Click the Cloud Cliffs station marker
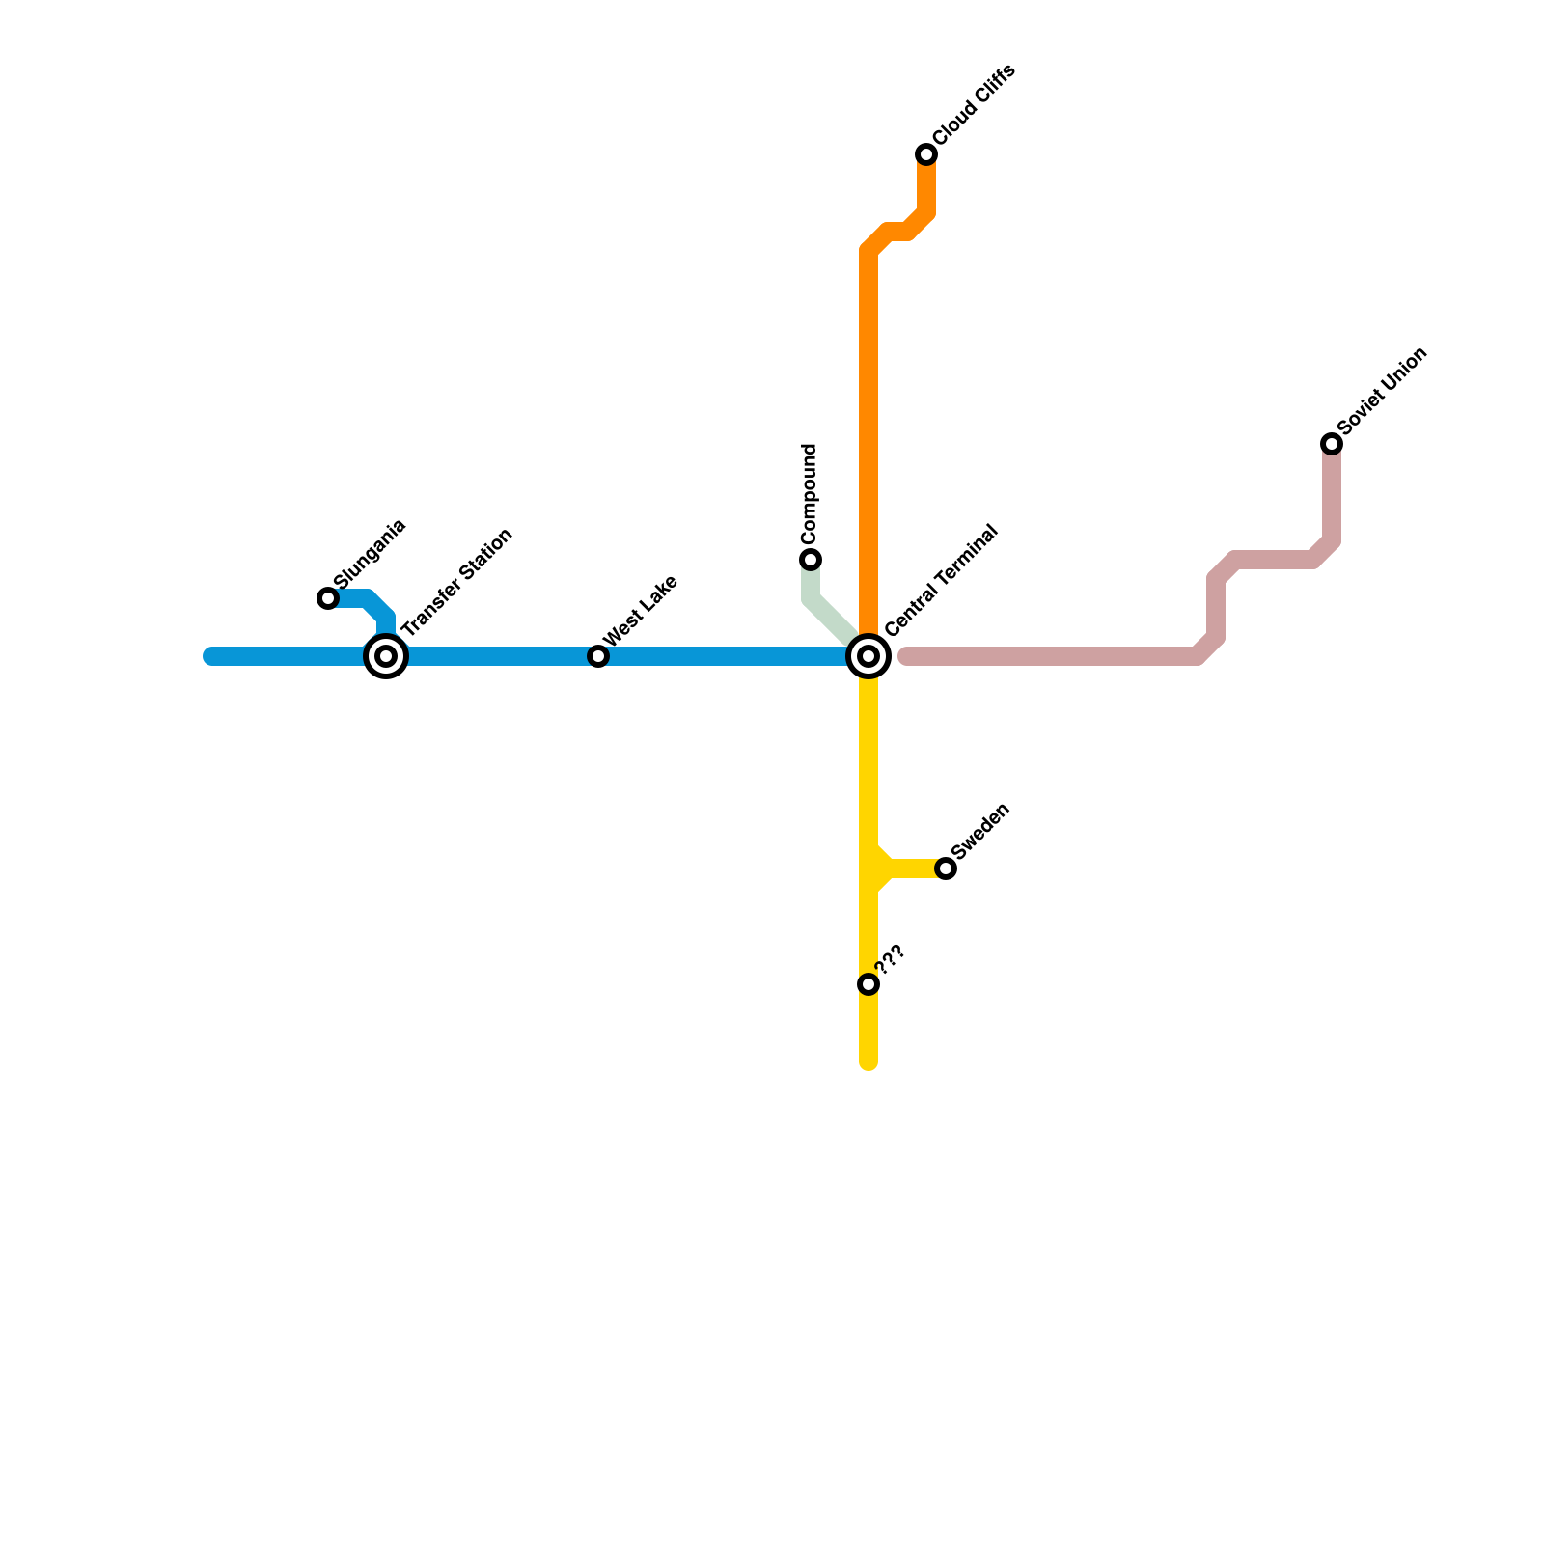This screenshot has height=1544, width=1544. click(926, 154)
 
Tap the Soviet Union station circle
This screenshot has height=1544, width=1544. click(1332, 444)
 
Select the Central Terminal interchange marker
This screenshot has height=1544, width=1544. click(868, 656)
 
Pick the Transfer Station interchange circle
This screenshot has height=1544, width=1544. click(386, 656)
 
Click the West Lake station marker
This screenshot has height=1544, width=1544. click(598, 656)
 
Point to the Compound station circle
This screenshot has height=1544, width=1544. click(811, 560)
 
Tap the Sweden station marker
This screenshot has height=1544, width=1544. click(946, 868)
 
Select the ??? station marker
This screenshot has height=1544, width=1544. click(868, 984)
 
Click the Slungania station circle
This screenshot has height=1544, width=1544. click(328, 598)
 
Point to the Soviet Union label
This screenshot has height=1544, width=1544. click(1382, 391)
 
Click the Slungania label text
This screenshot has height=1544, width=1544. click(371, 554)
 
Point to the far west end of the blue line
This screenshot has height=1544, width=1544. click(210, 656)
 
